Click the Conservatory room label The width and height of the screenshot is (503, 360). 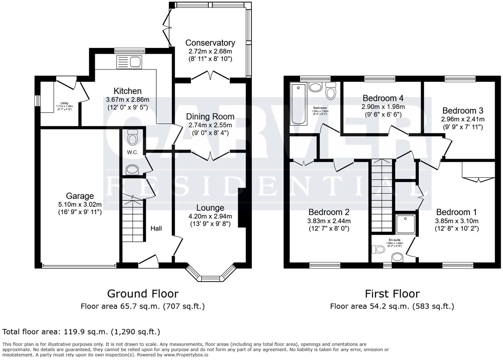(x=210, y=43)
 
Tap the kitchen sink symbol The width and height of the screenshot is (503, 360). (x=129, y=62)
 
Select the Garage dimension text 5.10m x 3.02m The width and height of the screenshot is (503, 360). (x=80, y=205)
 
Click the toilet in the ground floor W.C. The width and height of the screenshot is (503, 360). (x=133, y=137)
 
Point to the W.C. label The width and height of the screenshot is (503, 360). (x=132, y=152)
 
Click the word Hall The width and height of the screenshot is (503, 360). (x=156, y=228)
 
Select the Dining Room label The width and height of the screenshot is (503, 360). (x=210, y=116)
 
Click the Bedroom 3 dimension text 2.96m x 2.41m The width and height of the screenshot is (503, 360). (x=463, y=119)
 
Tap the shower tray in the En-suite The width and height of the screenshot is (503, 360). (x=405, y=224)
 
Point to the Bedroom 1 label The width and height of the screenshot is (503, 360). (x=456, y=212)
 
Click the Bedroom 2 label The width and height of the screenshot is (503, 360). (x=329, y=212)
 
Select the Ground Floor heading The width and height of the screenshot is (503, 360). (x=143, y=294)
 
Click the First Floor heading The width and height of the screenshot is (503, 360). (x=392, y=294)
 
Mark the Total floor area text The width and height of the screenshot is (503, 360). (x=81, y=332)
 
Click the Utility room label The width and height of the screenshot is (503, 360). (x=64, y=103)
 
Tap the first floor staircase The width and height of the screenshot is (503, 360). (x=382, y=196)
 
